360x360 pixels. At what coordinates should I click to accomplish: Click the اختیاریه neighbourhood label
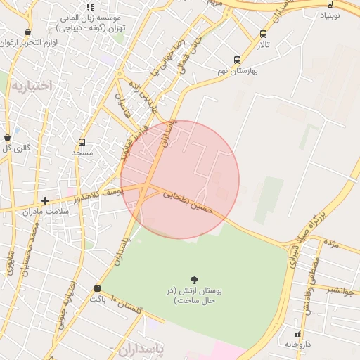[31, 86]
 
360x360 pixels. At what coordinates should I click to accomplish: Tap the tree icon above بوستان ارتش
[194, 280]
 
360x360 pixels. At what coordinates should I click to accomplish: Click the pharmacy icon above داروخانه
[298, 334]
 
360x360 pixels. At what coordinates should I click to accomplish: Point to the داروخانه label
[298, 344]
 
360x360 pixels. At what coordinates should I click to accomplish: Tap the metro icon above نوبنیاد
[330, 4]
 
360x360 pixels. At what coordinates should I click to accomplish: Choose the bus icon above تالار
[263, 34]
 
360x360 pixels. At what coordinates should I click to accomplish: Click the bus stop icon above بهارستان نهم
[237, 60]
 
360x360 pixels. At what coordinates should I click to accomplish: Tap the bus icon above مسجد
[82, 142]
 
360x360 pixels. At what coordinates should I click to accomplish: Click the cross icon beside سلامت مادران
[46, 201]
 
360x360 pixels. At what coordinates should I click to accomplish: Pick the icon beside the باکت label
[97, 288]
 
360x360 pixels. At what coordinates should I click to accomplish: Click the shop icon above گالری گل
[7, 138]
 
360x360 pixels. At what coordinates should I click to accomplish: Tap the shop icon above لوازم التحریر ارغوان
[27, 32]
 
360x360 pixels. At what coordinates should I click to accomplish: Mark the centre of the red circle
[180, 180]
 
